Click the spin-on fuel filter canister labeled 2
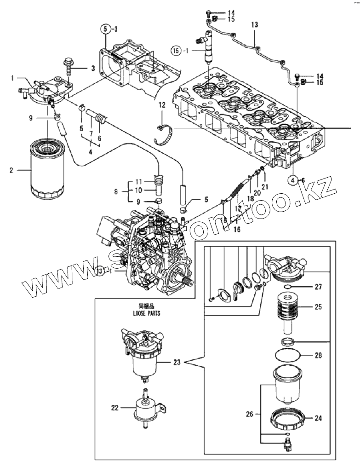pyautogui.click(x=46, y=171)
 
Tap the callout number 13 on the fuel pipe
pyautogui.click(x=255, y=24)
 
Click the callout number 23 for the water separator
pyautogui.click(x=177, y=363)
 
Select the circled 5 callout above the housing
pyautogui.click(x=105, y=29)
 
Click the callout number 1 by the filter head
pyautogui.click(x=13, y=78)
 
